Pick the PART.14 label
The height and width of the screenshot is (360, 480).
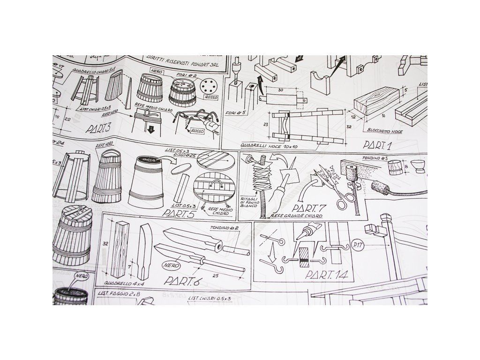[326, 274]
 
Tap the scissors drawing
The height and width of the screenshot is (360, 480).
[337, 187]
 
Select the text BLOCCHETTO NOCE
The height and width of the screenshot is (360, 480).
[385, 132]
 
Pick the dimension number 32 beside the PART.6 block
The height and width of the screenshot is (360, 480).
[105, 244]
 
